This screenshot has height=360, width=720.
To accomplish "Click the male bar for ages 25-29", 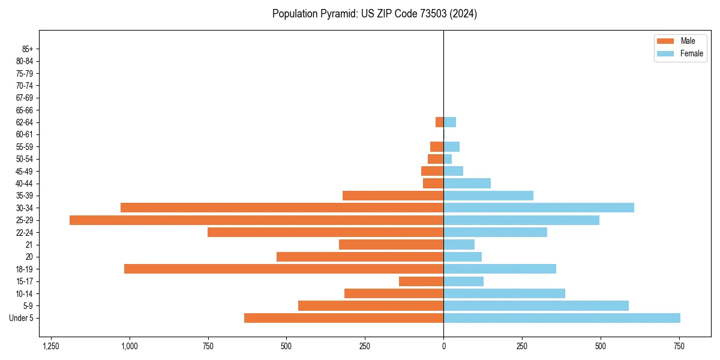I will [256, 220].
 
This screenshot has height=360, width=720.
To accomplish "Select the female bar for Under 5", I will [562, 318].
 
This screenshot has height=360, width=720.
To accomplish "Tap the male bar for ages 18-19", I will [284, 269].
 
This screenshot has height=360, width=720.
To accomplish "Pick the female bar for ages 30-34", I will [539, 208].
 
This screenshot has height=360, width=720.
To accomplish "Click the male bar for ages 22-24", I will [325, 232].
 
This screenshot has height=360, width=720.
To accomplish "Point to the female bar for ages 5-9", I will [536, 306].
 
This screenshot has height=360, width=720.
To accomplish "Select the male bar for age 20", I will [360, 257].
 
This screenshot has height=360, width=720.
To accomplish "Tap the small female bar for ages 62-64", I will [449, 122].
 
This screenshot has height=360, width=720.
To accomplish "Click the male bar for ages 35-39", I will [393, 196].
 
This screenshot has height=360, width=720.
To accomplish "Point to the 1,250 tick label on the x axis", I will [51, 346].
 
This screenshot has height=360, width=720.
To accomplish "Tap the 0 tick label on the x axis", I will [443, 346].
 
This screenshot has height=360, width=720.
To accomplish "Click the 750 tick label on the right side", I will [679, 346].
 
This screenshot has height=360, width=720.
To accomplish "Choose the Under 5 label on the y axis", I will [21, 318].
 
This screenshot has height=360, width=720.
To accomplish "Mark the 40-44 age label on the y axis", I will [24, 184].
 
